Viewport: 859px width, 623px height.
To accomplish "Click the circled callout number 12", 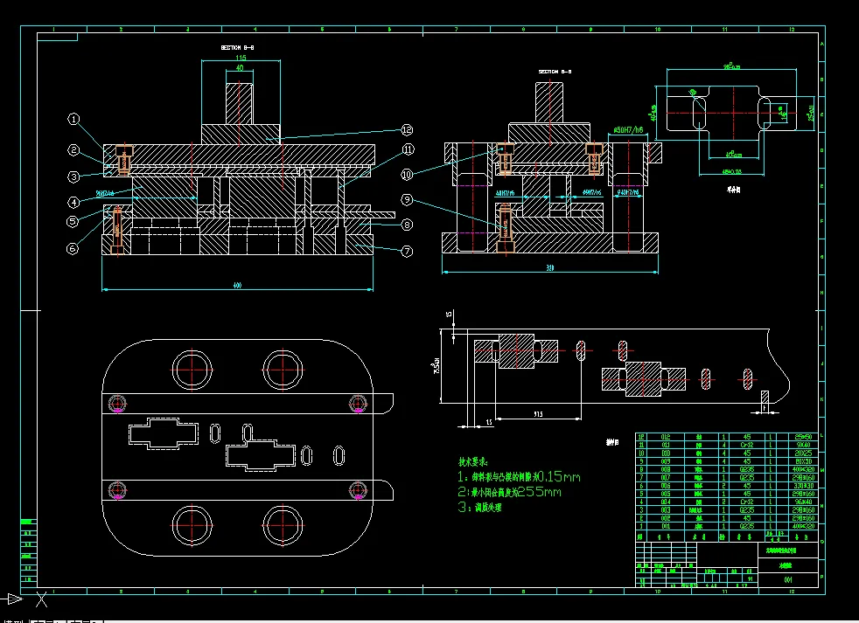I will (407, 129).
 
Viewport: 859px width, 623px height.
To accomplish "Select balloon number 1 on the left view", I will (74, 119).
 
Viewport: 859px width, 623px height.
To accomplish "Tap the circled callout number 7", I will (407, 252).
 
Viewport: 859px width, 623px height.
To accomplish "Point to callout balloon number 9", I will (407, 200).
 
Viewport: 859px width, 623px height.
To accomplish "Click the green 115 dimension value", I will (241, 57).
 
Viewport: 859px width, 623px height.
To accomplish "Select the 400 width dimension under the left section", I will (238, 285).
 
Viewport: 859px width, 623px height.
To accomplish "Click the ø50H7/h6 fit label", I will (628, 130).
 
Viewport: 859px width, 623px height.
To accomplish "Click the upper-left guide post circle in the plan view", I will (192, 369).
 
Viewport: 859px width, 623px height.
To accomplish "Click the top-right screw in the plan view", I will (357, 403).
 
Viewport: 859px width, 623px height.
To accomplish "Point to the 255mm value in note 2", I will (541, 493).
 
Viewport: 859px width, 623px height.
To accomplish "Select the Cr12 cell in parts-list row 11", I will (746, 445).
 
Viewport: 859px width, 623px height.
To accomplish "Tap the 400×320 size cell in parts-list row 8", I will (800, 470).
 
